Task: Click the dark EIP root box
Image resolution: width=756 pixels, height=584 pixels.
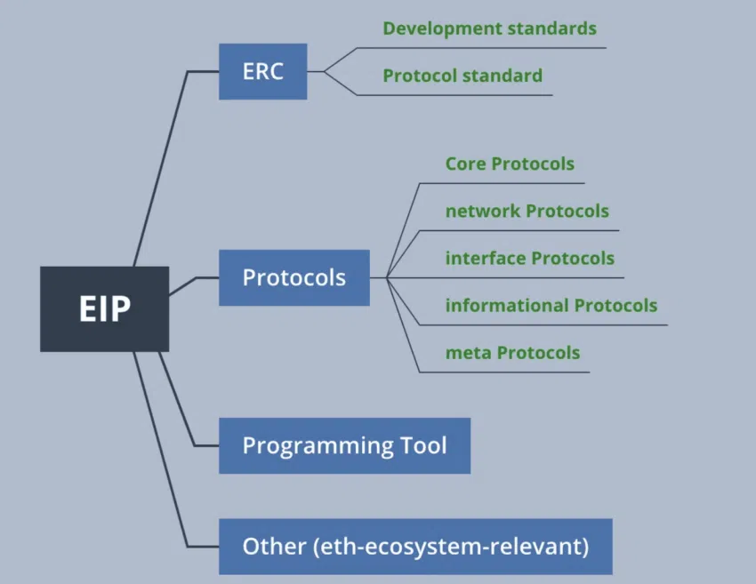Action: (x=104, y=308)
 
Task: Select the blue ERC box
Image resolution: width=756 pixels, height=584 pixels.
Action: (x=262, y=71)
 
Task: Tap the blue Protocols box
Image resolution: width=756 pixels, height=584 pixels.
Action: (x=294, y=277)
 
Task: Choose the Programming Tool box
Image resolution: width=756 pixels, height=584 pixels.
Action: (x=344, y=445)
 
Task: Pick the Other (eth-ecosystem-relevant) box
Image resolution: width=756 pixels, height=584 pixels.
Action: (x=415, y=546)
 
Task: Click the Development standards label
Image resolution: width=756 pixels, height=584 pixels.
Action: (x=489, y=28)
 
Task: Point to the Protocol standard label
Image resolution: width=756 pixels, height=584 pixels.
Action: (x=462, y=76)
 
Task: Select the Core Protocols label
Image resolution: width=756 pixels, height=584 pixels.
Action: (x=510, y=164)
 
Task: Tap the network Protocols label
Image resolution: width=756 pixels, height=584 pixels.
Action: (x=527, y=212)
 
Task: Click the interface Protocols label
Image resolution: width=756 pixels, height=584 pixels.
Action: (x=529, y=259)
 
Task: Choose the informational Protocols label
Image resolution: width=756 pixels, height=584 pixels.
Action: (x=551, y=306)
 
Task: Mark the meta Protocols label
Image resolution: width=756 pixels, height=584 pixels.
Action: (x=512, y=353)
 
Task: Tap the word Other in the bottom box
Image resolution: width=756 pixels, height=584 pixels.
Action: (x=274, y=546)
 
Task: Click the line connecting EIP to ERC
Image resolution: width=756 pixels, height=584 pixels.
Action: (x=160, y=169)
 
